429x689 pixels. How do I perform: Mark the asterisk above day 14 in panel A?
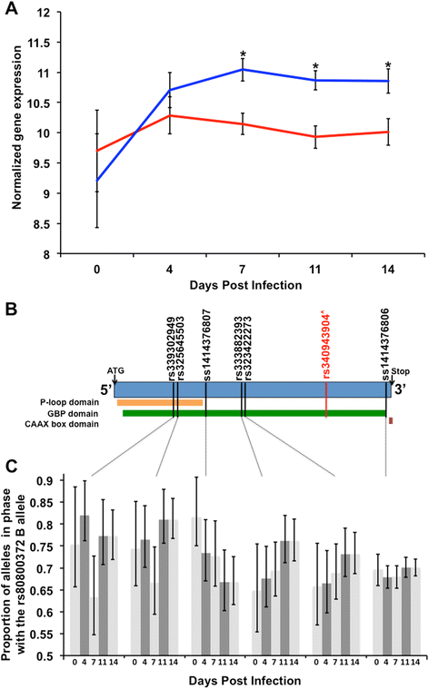[388, 65]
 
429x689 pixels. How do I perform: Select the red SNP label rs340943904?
[325, 341]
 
